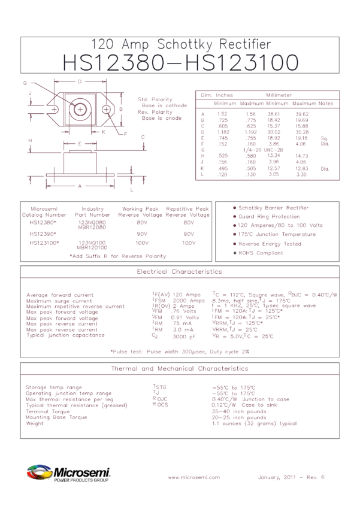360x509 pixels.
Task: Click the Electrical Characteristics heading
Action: pyautogui.click(x=180, y=272)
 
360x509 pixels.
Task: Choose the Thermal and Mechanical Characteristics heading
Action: pyautogui.click(x=180, y=369)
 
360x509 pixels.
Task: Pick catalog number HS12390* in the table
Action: pyautogui.click(x=44, y=234)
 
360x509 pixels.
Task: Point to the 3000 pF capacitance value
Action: pyautogui.click(x=185, y=337)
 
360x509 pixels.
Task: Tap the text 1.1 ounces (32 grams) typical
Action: pyautogui.click(x=255, y=423)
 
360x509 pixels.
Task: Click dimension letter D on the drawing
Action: pyautogui.click(x=80, y=80)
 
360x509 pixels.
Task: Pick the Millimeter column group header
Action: pyautogui.click(x=279, y=95)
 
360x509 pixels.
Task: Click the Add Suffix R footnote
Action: pyautogui.click(x=117, y=256)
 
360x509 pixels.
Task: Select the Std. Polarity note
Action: pyautogui.click(x=155, y=99)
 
